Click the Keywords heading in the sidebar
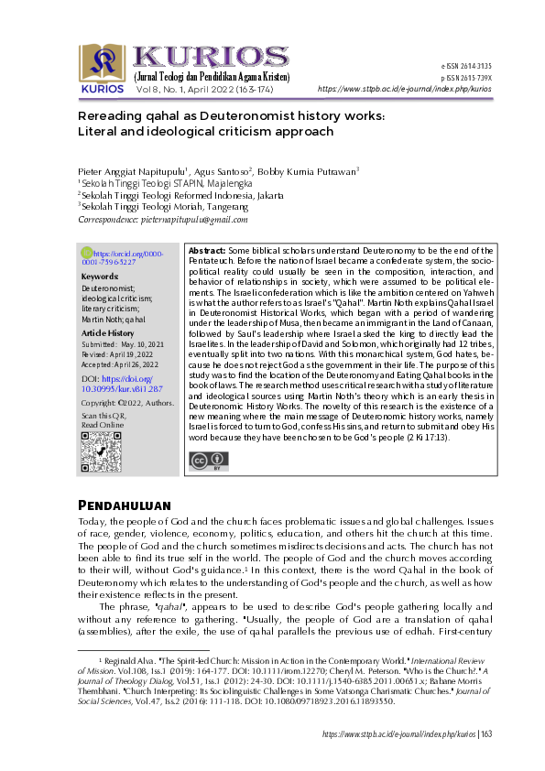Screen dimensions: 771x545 tap(99, 276)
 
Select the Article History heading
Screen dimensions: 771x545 tap(108, 333)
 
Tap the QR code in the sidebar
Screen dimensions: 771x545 tap(101, 450)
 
